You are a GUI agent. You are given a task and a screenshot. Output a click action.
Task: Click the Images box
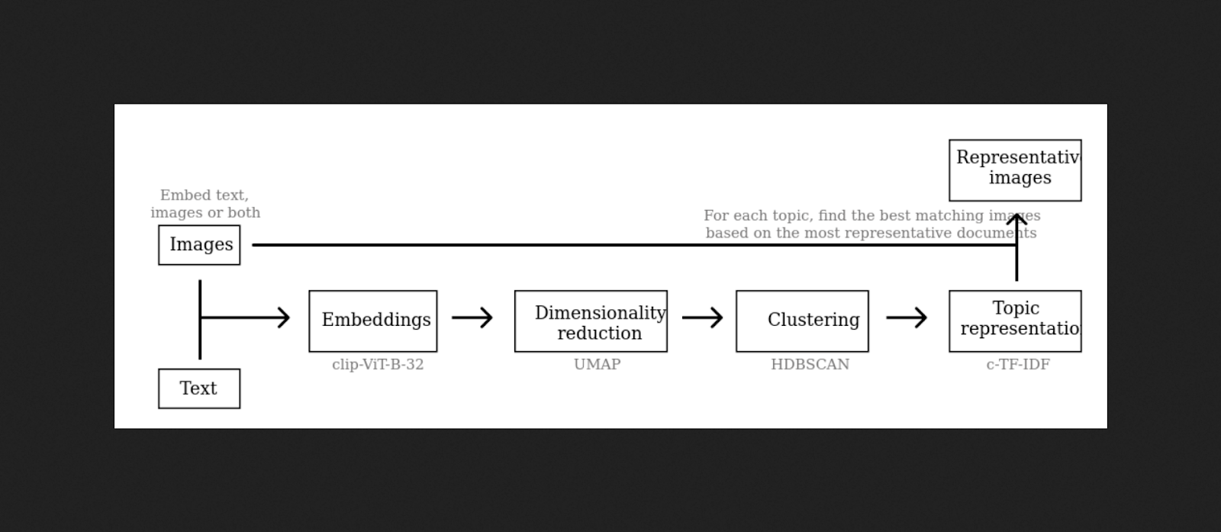click(199, 245)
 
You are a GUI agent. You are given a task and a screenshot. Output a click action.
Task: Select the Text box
click(199, 389)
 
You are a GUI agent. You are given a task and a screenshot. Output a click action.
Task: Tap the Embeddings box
click(373, 321)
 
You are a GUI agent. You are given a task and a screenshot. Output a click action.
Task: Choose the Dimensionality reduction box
click(591, 321)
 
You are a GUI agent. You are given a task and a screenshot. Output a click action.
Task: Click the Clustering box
click(802, 321)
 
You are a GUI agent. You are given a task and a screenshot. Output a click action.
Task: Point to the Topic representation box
click(1015, 321)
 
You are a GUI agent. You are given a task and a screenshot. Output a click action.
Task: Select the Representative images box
click(1015, 170)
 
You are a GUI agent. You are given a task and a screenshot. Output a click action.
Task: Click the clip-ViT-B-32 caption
click(378, 365)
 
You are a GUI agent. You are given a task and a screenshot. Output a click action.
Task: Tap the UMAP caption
click(598, 365)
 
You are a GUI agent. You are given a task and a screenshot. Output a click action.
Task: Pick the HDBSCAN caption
click(810, 365)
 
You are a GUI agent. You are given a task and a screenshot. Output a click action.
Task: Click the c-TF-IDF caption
click(1018, 365)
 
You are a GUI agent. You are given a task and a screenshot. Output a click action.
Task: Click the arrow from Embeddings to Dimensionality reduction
click(472, 318)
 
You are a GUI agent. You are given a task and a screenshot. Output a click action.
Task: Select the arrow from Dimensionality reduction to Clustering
click(702, 318)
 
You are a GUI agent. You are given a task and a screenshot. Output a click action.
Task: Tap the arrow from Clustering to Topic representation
click(907, 318)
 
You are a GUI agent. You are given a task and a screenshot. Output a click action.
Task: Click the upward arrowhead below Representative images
click(1016, 220)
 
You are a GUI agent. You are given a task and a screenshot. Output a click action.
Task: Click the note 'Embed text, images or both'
click(205, 204)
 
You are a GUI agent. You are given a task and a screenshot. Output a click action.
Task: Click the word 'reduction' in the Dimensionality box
click(599, 334)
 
